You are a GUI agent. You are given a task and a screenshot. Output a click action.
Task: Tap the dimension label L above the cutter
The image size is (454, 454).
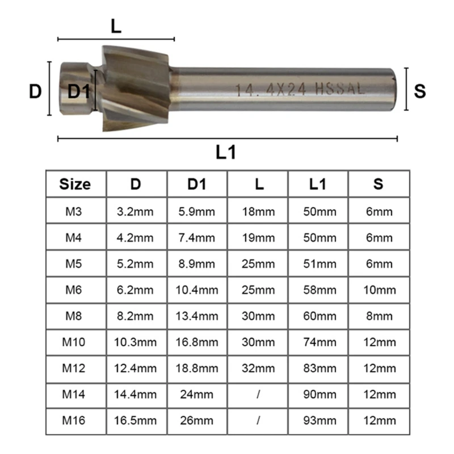pos(116,26)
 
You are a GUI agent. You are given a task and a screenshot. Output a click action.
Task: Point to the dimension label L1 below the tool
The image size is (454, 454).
pos(225,152)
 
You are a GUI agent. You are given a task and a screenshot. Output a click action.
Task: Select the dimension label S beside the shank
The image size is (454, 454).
pos(420,91)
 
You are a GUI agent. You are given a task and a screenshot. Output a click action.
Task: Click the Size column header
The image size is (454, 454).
pos(75,184)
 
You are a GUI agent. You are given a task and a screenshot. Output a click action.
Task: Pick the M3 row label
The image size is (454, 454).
pos(75,212)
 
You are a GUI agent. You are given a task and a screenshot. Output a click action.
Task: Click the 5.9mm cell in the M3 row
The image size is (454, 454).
pos(197,212)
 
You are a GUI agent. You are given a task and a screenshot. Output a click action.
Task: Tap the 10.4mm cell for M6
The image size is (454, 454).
pos(197,290)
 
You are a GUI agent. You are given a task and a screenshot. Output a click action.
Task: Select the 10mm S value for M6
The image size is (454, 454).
pos(379,290)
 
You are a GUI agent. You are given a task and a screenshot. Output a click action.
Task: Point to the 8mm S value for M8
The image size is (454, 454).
pos(379,316)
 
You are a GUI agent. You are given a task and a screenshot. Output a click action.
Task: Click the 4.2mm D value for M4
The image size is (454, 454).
pos(136,238)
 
